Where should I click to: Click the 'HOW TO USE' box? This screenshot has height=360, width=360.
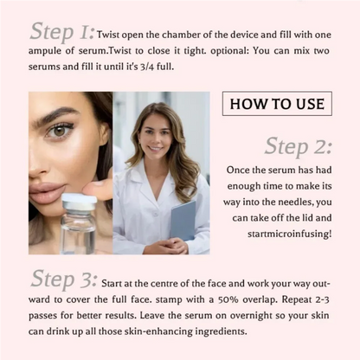click(277, 105)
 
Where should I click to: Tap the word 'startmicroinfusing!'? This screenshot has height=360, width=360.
click(282, 234)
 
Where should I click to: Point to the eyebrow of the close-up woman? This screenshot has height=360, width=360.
click(59, 112)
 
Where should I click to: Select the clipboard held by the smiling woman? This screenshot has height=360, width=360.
click(183, 220)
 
